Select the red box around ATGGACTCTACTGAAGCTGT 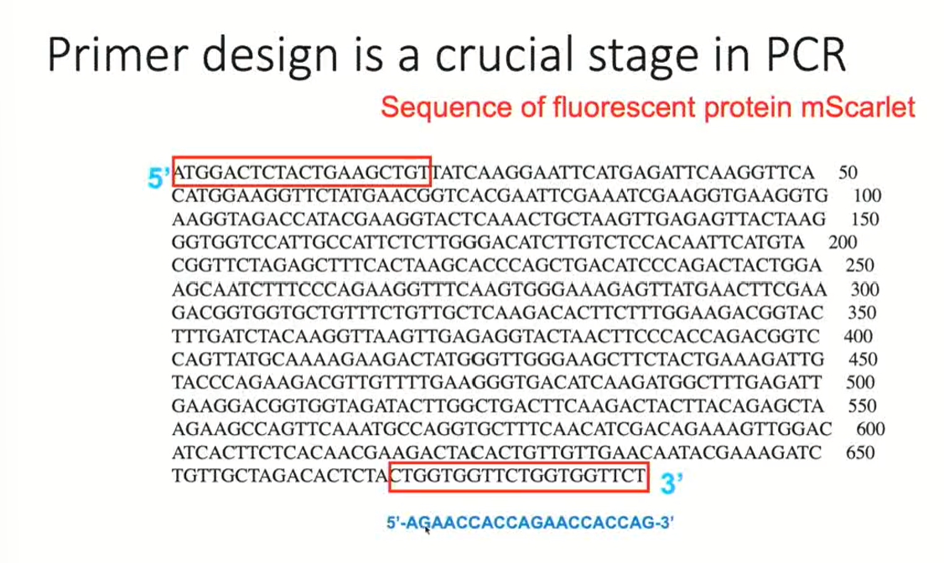pyautogui.click(x=301, y=172)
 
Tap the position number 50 pyautogui.click(x=848, y=173)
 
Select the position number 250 pyautogui.click(x=860, y=266)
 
